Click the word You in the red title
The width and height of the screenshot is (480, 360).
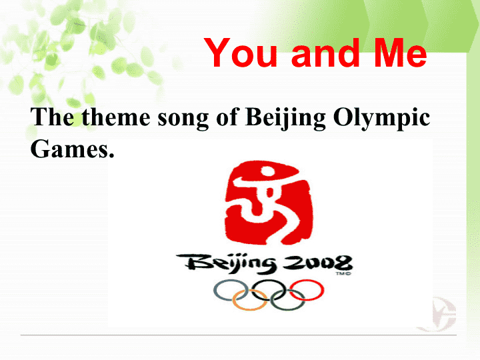coord(240,53)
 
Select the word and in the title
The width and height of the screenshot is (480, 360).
coord(325,53)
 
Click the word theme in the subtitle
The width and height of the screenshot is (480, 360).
coord(116,117)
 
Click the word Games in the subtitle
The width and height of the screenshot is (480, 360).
coord(72,149)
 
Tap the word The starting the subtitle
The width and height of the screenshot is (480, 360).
coord(52,117)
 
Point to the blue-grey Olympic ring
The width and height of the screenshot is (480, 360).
coord(214,290)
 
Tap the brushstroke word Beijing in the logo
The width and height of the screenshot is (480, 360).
coord(227,263)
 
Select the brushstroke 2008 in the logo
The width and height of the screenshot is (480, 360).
coord(317,263)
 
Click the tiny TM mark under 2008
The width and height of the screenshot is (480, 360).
coord(343,273)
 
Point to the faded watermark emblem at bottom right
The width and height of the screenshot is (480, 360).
coord(438,315)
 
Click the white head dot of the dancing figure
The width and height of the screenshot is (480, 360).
coord(267,172)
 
